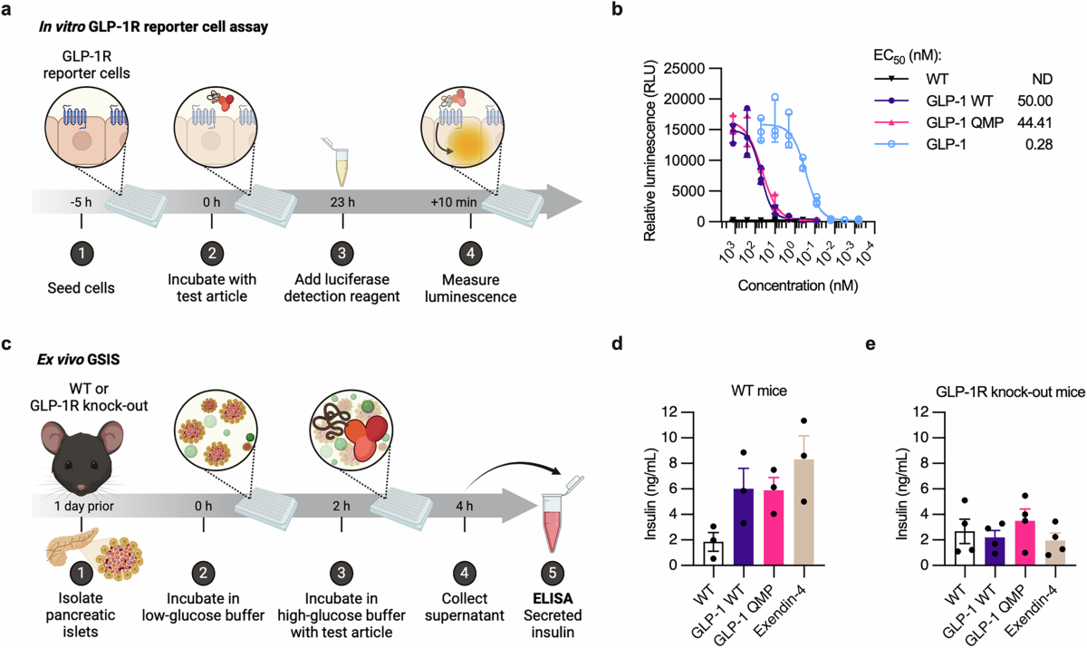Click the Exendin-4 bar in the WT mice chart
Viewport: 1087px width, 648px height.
tap(803, 512)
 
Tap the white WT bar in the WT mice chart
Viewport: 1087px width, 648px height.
tap(714, 554)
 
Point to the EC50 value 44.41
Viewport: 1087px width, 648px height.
tap(1034, 123)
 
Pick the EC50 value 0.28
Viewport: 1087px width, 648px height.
tap(1039, 144)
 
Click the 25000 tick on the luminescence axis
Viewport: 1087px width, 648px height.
tap(684, 69)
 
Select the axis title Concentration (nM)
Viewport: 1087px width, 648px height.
tap(798, 285)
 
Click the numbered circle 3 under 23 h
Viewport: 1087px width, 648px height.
tap(342, 253)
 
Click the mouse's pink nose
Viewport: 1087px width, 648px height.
tap(81, 487)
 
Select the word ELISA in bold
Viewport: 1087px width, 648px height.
tap(553, 598)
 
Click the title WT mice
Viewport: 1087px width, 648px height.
tap(759, 391)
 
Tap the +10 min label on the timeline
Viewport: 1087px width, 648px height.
tap(454, 202)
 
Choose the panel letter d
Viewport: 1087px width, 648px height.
tap(617, 343)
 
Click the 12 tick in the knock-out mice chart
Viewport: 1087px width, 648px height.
tap(920, 411)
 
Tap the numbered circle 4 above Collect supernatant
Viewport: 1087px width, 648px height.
tap(465, 574)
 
